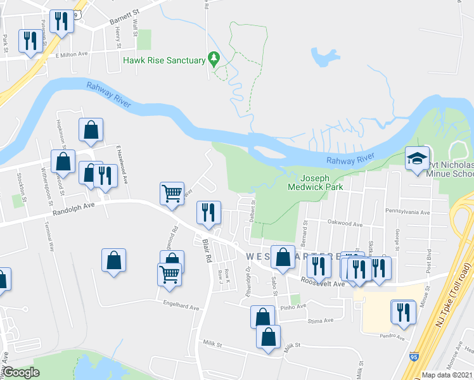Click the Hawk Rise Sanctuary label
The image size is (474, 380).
[164, 61]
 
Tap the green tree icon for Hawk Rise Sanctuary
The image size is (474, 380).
[214, 60]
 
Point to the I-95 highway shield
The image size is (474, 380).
[414, 357]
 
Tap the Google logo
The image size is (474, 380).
[21, 372]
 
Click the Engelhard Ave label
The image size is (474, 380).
[181, 308]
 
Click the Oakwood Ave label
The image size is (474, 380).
[345, 224]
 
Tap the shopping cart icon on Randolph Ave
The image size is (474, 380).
[172, 193]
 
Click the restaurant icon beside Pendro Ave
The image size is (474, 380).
[402, 311]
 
